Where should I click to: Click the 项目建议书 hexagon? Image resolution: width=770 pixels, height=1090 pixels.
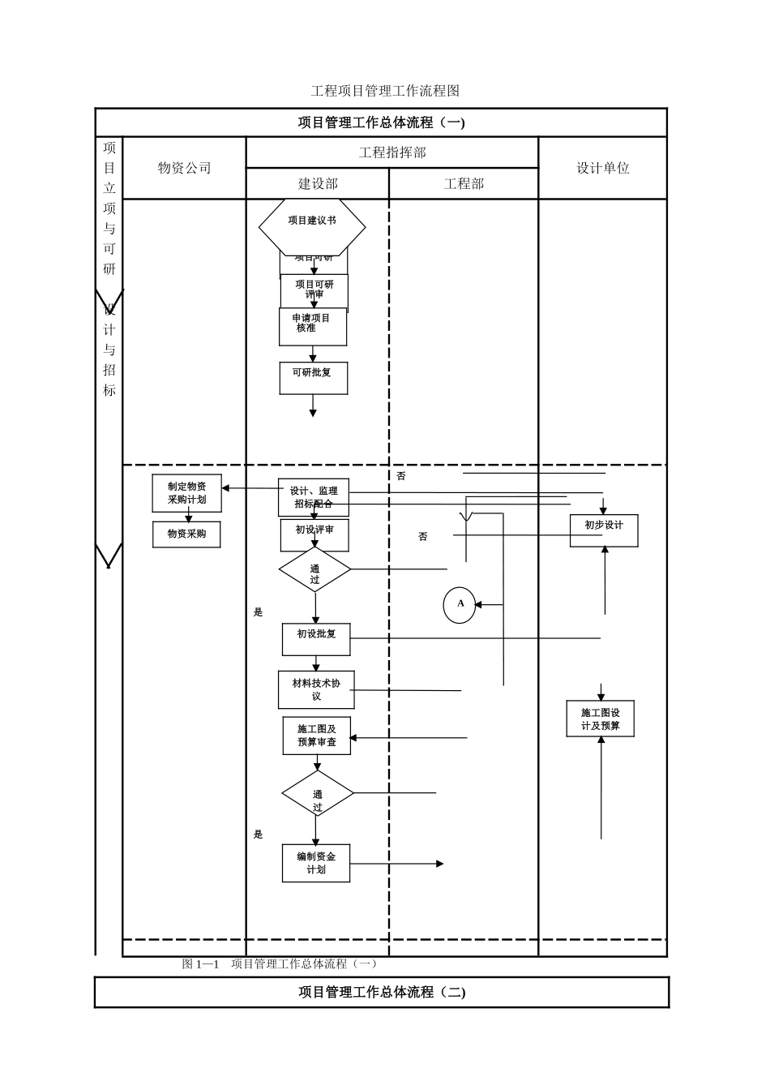click(x=312, y=226)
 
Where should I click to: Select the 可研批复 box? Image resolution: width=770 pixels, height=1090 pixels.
click(x=314, y=378)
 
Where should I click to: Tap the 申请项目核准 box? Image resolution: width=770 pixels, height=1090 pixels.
click(x=313, y=327)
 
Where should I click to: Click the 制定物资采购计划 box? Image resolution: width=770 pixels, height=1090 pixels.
click(x=187, y=493)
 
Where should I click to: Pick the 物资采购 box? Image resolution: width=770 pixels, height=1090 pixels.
click(x=186, y=534)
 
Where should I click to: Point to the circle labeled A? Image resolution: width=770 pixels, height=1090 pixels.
click(x=460, y=605)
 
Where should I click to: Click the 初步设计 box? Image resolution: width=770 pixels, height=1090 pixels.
click(x=604, y=530)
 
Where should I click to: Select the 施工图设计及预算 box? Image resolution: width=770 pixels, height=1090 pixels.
click(x=601, y=719)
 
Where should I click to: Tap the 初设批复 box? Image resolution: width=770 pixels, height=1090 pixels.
click(x=316, y=639)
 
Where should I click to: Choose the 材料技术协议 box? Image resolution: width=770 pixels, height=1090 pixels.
click(x=316, y=689)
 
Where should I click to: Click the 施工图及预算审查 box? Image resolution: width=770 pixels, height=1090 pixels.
click(x=317, y=736)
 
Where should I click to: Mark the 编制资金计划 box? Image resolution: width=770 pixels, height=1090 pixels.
click(x=316, y=863)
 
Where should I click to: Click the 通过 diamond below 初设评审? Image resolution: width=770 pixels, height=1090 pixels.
click(x=314, y=570)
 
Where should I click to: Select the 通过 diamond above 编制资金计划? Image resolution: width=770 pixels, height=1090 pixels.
click(x=318, y=794)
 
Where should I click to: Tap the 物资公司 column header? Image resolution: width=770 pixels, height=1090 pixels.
click(x=185, y=168)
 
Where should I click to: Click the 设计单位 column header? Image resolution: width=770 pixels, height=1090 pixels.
click(x=603, y=168)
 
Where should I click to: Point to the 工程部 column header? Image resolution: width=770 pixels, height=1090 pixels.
click(x=464, y=184)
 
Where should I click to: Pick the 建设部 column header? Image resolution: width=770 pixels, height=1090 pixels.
click(x=318, y=184)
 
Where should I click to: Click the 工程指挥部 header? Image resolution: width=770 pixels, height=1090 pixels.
click(x=392, y=152)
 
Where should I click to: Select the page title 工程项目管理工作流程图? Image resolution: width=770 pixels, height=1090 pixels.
click(x=385, y=91)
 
